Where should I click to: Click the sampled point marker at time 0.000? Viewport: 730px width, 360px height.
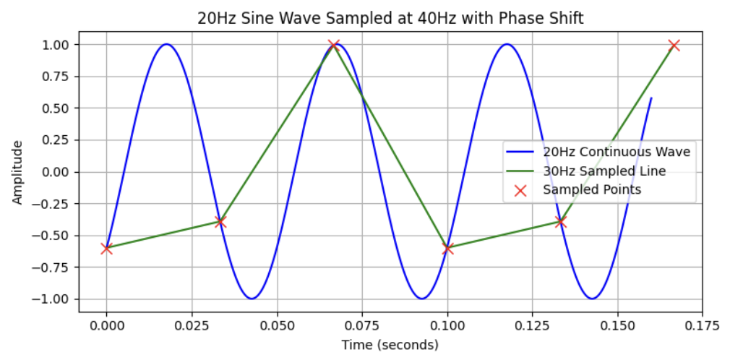(107, 248)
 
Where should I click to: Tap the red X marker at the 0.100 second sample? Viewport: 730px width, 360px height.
(447, 248)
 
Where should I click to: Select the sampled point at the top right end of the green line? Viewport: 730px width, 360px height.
(674, 46)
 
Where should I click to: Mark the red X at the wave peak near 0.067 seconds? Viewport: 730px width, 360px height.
(334, 46)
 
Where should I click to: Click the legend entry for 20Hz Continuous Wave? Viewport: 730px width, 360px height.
(617, 152)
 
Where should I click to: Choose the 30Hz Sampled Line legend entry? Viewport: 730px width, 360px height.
(604, 171)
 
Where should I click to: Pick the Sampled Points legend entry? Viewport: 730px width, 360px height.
(592, 189)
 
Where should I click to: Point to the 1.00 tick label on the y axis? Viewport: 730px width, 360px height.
(55, 45)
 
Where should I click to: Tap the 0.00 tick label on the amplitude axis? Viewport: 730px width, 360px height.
(55, 172)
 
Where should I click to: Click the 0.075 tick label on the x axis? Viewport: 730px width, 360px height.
(362, 325)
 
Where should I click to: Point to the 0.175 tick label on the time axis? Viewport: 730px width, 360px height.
(703, 325)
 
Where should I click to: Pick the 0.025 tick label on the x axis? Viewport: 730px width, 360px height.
(192, 325)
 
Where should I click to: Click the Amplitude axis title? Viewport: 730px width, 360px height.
(17, 172)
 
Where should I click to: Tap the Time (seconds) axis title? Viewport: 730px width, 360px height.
(390, 345)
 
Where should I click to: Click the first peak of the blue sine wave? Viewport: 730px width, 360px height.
(166, 44)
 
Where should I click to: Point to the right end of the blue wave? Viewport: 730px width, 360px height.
(651, 98)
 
